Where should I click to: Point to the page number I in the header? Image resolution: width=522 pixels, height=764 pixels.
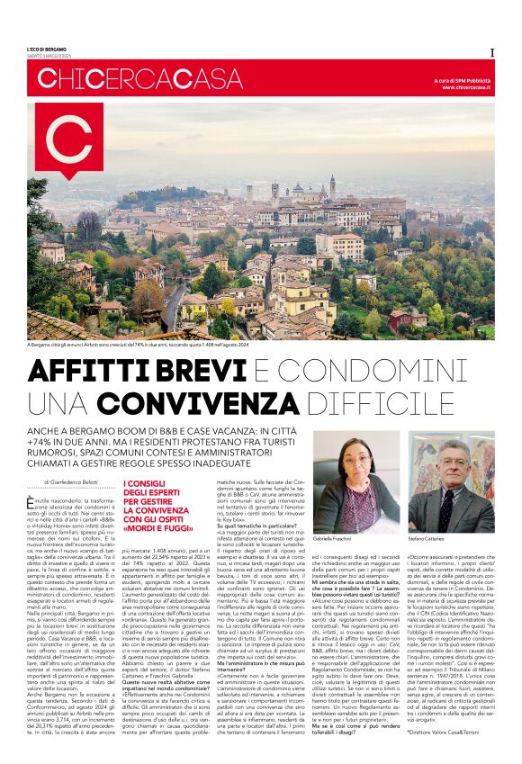pos(491,52)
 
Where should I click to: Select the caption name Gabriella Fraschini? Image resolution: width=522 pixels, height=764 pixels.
pos(340,536)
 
